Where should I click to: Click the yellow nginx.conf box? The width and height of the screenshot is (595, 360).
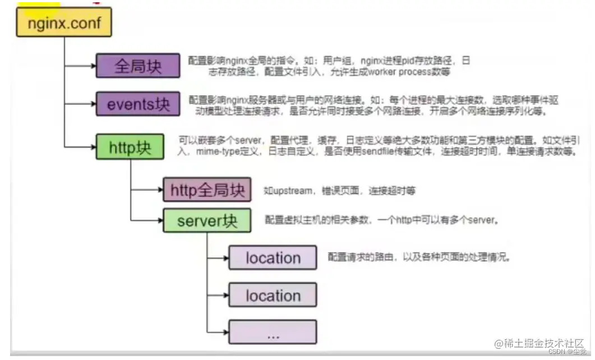[x=64, y=23]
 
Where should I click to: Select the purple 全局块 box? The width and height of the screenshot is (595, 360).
[x=137, y=66]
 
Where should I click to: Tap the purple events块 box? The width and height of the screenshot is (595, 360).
[x=137, y=104]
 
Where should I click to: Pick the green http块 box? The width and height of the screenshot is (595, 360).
[x=130, y=147]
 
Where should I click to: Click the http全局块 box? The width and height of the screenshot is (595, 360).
[x=207, y=190]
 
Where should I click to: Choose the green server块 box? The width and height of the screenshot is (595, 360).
[x=207, y=221]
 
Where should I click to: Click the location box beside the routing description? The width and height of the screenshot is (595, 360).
[x=273, y=258]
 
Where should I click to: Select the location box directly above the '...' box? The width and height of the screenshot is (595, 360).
[x=273, y=295]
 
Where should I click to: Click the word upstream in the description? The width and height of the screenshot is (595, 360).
[x=292, y=191]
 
